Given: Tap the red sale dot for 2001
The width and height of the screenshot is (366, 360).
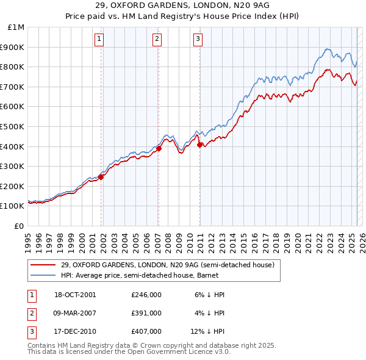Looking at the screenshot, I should (101, 177).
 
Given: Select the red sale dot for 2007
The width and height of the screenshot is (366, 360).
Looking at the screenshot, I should (159, 148).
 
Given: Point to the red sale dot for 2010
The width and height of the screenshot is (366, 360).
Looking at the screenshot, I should (200, 145).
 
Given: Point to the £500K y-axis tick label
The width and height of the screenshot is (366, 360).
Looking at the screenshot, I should (13, 127).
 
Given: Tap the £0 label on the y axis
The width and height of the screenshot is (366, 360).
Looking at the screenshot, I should (18, 226).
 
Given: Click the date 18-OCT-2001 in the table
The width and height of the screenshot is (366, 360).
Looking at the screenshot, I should (75, 294).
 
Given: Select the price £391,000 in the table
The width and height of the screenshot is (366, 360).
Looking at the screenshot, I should (146, 313).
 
